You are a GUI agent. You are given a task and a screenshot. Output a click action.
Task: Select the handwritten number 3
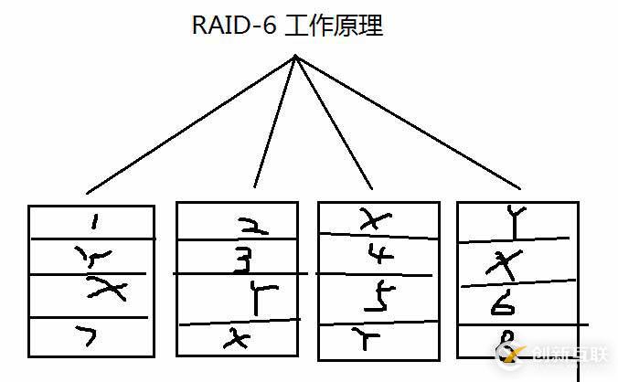[x=240, y=262]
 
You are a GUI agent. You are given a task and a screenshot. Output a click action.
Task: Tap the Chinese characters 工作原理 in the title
[x=334, y=26]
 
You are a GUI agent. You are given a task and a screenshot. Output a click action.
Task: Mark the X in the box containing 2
[x=235, y=339]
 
